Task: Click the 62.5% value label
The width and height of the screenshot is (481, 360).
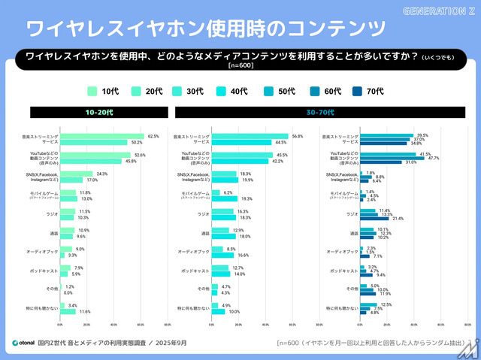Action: pyautogui.click(x=153, y=137)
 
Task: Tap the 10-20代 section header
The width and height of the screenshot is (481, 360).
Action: pyautogui.click(x=99, y=112)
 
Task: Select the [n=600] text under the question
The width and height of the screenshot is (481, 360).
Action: pyautogui.click(x=240, y=66)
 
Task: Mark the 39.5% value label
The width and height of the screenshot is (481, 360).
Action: pyautogui.click(x=422, y=135)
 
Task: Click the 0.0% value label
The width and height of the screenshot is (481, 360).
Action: pyautogui.click(x=68, y=292)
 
